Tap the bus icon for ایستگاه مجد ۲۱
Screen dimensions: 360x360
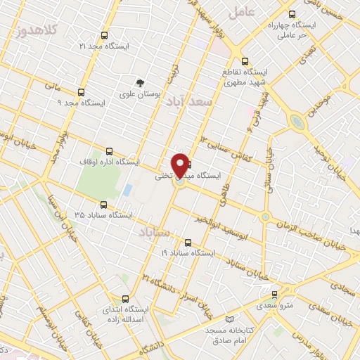pos(105,34)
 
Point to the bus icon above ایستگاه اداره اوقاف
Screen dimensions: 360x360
pos(108,150)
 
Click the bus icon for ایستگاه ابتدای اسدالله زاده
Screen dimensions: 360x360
pos(125,297)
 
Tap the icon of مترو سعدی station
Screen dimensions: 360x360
pos(275,295)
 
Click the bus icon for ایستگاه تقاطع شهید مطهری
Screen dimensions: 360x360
pos(245,61)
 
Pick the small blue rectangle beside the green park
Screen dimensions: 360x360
pos(127,190)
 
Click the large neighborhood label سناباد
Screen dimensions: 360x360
pos(155,231)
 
